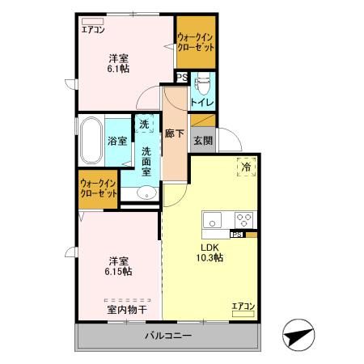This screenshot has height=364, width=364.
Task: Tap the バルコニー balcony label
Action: [x=169, y=336]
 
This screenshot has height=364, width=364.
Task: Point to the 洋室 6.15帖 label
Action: [x=119, y=266]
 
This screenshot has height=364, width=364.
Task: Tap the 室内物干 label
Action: [x=126, y=309]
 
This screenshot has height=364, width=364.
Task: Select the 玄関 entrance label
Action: [x=202, y=139]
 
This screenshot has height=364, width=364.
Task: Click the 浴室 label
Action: [x=117, y=141]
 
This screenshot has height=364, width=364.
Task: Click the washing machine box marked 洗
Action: [x=144, y=125]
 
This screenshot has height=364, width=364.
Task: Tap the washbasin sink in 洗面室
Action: [x=146, y=193]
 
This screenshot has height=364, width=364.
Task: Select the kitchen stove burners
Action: [x=243, y=219]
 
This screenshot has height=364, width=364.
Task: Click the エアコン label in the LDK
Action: [x=243, y=305]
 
